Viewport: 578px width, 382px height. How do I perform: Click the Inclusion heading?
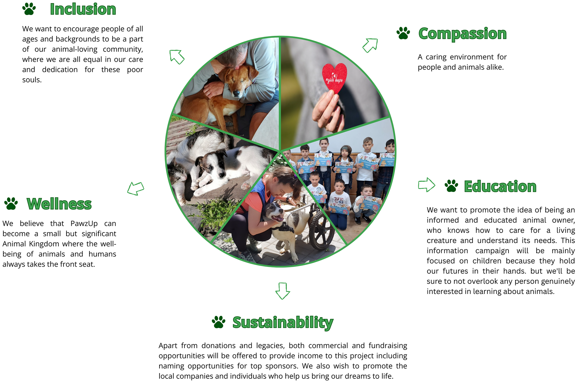[83, 9]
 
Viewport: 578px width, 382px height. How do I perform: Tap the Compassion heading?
[462, 34]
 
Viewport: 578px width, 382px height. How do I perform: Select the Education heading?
[500, 186]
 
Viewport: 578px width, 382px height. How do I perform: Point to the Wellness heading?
[59, 204]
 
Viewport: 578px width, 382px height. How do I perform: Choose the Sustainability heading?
[283, 323]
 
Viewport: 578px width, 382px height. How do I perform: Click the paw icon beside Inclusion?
[29, 9]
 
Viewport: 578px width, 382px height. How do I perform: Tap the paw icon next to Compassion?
[403, 33]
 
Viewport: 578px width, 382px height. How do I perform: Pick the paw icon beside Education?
[451, 186]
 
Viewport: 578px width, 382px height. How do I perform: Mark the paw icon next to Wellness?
[11, 204]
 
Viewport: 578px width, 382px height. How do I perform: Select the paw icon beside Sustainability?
[219, 322]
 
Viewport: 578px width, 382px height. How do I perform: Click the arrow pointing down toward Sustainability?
[283, 291]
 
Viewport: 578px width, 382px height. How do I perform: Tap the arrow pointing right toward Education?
[427, 185]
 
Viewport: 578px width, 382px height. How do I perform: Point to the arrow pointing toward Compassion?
[370, 45]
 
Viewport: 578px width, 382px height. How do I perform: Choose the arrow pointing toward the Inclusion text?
[177, 57]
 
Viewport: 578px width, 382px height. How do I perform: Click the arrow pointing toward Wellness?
[136, 189]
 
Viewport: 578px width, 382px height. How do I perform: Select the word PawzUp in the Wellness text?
[84, 223]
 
